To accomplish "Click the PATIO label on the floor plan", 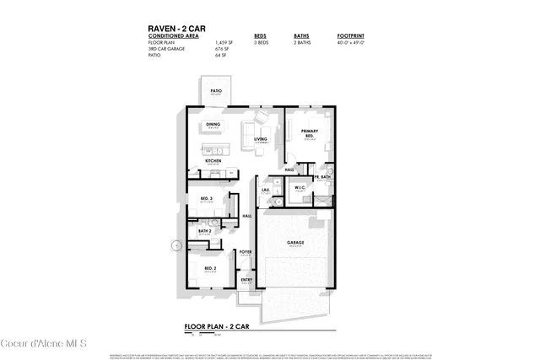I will (x=216, y=90).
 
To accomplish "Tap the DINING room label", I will (x=213, y=125).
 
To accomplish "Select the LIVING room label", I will (x=261, y=139).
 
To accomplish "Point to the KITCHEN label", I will (x=213, y=160).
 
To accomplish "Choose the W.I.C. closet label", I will (x=300, y=190).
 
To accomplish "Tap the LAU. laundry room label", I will (x=266, y=191).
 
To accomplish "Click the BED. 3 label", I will (x=206, y=199).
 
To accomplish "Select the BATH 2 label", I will (x=204, y=230).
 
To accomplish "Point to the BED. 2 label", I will (x=210, y=269).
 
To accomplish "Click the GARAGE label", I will (x=295, y=243).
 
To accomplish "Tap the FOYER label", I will (x=246, y=251).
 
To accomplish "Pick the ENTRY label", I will (x=246, y=280).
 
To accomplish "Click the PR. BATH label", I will (x=321, y=178).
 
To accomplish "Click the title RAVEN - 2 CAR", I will (x=176, y=28).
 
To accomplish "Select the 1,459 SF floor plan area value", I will (x=223, y=42).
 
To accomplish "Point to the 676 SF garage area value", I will (x=221, y=49).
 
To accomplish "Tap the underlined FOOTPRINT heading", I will (x=350, y=36).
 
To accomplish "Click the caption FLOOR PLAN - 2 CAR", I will (x=217, y=325).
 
